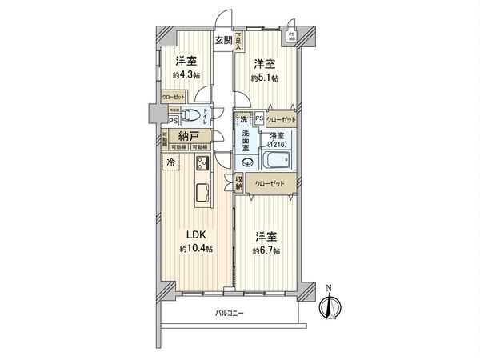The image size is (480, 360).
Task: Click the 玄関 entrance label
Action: (222, 40)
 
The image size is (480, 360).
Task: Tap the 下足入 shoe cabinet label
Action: (237, 41)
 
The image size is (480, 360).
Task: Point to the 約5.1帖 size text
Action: (266, 78)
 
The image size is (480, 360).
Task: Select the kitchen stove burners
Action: (201, 163)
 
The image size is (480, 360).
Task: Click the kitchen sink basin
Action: (202, 192)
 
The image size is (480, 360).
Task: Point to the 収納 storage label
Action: (238, 182)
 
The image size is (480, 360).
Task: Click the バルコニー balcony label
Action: (230, 314)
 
